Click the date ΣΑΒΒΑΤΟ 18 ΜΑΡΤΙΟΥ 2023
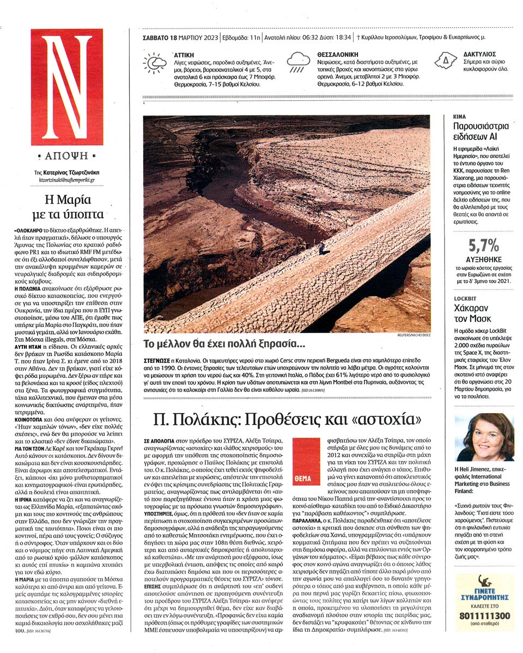[180, 38]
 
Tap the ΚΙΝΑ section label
[459, 117]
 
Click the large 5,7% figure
[479, 246]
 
